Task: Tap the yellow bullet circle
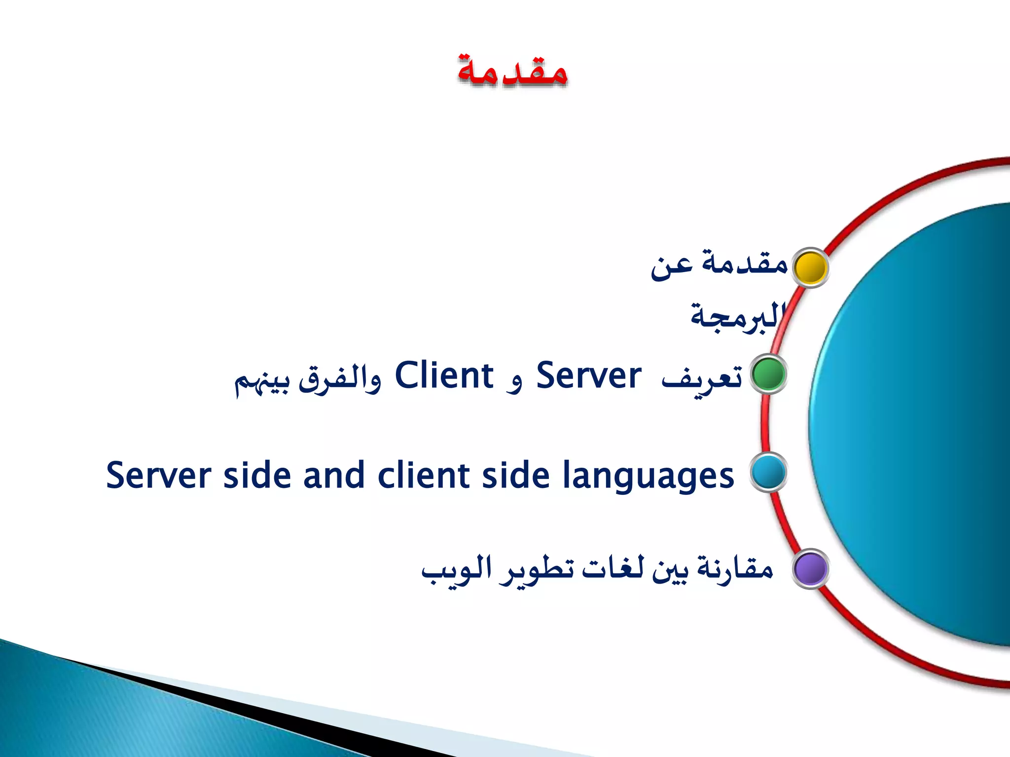(x=810, y=268)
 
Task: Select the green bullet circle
(x=768, y=374)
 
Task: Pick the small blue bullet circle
(x=768, y=472)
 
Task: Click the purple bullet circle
(x=810, y=569)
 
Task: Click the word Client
(x=444, y=376)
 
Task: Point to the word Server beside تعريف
(x=589, y=376)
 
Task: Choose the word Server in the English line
(x=158, y=476)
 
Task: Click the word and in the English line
(x=333, y=476)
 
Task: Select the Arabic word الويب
(x=456, y=571)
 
